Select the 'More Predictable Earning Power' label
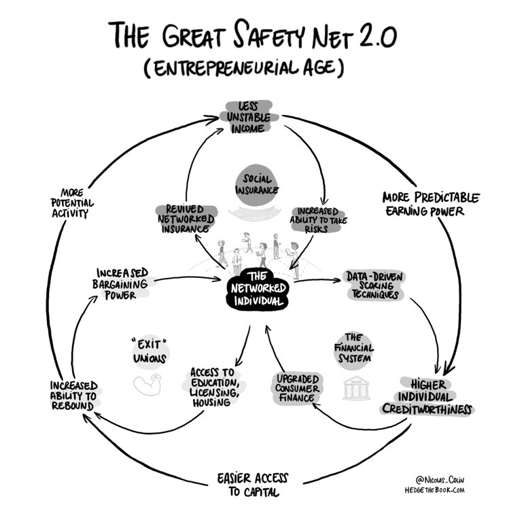[x=430, y=203]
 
